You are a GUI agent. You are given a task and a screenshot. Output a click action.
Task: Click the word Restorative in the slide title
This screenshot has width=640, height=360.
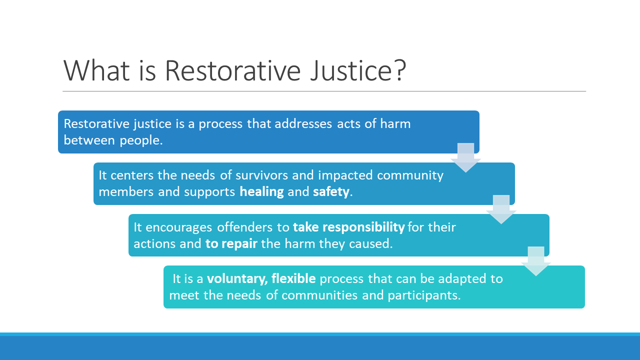point(232,70)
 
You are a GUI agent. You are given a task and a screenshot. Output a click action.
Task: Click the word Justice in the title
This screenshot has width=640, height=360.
point(350,70)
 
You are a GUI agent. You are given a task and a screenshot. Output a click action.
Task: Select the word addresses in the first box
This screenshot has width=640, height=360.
point(303,124)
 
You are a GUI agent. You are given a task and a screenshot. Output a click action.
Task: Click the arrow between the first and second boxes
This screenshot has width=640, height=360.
point(465,157)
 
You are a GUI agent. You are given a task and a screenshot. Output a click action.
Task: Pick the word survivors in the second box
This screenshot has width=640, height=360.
point(261,175)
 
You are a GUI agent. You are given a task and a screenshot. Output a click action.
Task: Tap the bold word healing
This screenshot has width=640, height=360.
point(261,191)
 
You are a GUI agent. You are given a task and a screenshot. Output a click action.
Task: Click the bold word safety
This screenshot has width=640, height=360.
point(331,191)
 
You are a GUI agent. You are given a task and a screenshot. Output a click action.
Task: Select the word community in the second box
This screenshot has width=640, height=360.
point(410,175)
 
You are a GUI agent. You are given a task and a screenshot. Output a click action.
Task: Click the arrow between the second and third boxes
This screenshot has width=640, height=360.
point(501,209)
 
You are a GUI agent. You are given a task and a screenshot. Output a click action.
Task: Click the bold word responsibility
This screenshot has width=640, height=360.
point(363,227)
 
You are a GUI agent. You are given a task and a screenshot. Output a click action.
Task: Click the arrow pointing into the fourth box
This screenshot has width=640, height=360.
point(536,261)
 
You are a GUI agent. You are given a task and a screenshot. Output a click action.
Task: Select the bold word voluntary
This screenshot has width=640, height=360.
point(237,279)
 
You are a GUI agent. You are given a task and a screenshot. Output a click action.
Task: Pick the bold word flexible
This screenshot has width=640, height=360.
point(293,278)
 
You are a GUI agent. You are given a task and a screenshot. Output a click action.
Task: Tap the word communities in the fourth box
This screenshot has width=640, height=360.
point(319,295)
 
